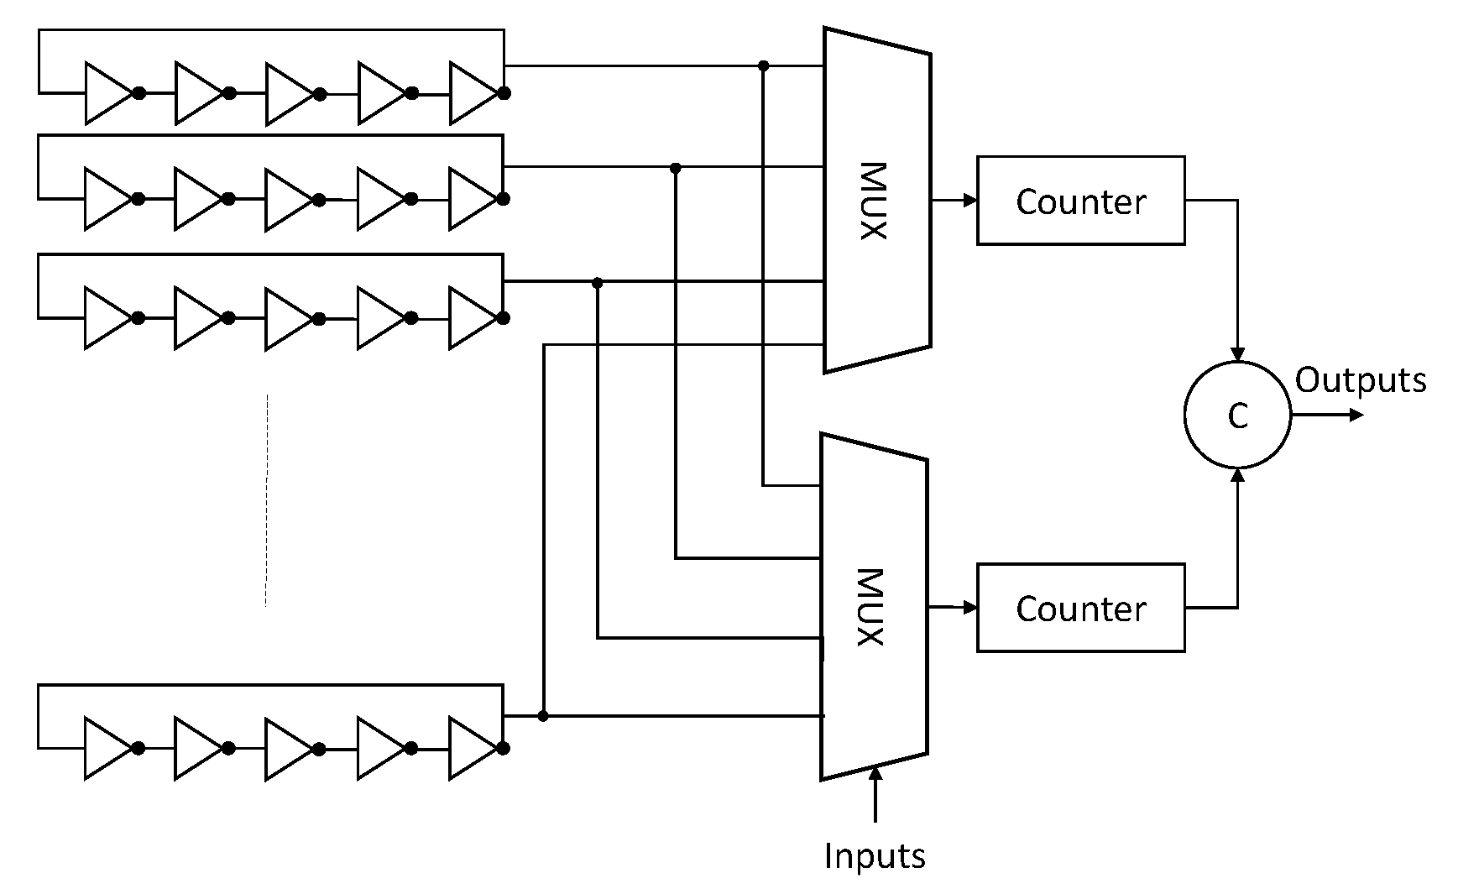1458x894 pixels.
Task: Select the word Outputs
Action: (x=1360, y=380)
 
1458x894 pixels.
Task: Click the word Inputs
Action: (x=875, y=856)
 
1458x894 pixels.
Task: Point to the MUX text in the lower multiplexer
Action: (x=870, y=608)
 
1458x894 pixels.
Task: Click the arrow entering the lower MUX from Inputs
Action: (x=875, y=793)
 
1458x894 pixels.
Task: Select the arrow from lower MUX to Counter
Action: (x=953, y=607)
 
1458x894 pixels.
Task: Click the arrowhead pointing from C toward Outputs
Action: (x=1356, y=415)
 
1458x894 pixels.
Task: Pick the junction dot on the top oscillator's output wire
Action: (x=763, y=65)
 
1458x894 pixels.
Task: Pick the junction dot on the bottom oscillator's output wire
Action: (x=543, y=716)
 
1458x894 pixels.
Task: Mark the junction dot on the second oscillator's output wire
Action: (x=676, y=168)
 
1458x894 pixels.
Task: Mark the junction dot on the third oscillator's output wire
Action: (x=598, y=283)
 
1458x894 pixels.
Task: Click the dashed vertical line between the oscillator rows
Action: (x=266, y=499)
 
